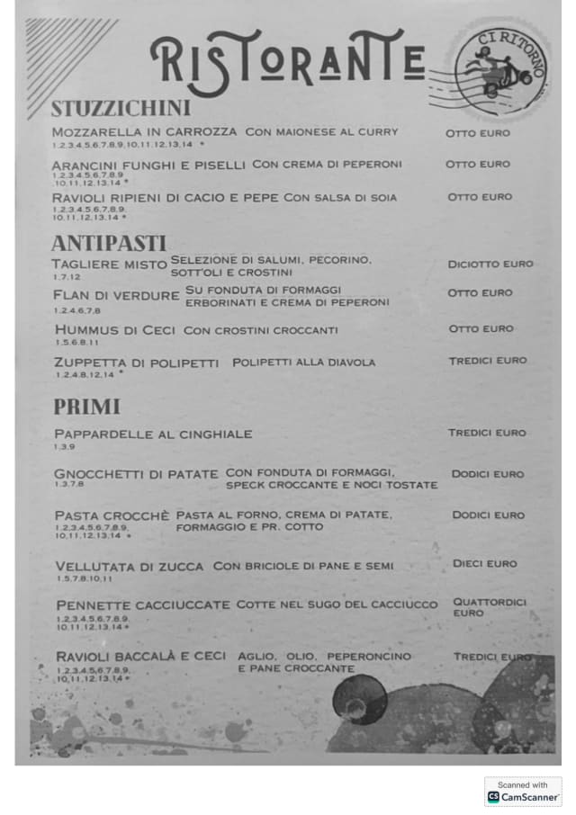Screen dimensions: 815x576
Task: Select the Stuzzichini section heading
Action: (121, 109)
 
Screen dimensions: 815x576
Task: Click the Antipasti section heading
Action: (109, 243)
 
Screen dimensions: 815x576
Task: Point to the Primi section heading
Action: (86, 407)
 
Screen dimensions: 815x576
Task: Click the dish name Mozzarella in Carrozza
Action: (144, 132)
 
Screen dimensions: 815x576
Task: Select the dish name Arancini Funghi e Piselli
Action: (148, 165)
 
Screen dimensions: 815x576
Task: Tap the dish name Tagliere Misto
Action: (109, 264)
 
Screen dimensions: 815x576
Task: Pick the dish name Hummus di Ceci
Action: (115, 330)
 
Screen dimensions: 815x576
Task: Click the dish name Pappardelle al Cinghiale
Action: (153, 434)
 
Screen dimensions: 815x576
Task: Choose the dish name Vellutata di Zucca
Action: (130, 567)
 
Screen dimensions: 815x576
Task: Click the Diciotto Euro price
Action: (490, 264)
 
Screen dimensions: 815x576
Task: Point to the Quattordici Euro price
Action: (490, 607)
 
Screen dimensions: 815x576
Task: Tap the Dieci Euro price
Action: (485, 564)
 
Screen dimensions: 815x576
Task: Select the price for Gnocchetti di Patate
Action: (488, 474)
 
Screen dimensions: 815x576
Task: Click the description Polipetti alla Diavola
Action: (303, 363)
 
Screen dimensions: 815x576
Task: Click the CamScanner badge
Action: (523, 792)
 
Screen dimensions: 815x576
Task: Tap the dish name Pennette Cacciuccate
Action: (142, 605)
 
